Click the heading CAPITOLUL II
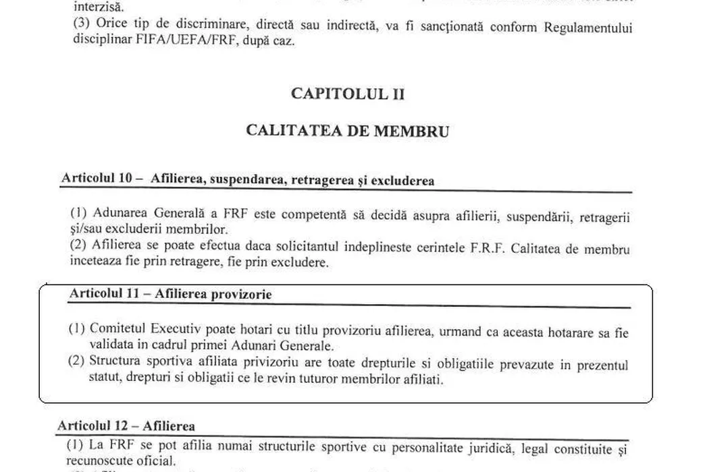click(x=348, y=93)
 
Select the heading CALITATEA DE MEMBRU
click(x=348, y=131)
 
